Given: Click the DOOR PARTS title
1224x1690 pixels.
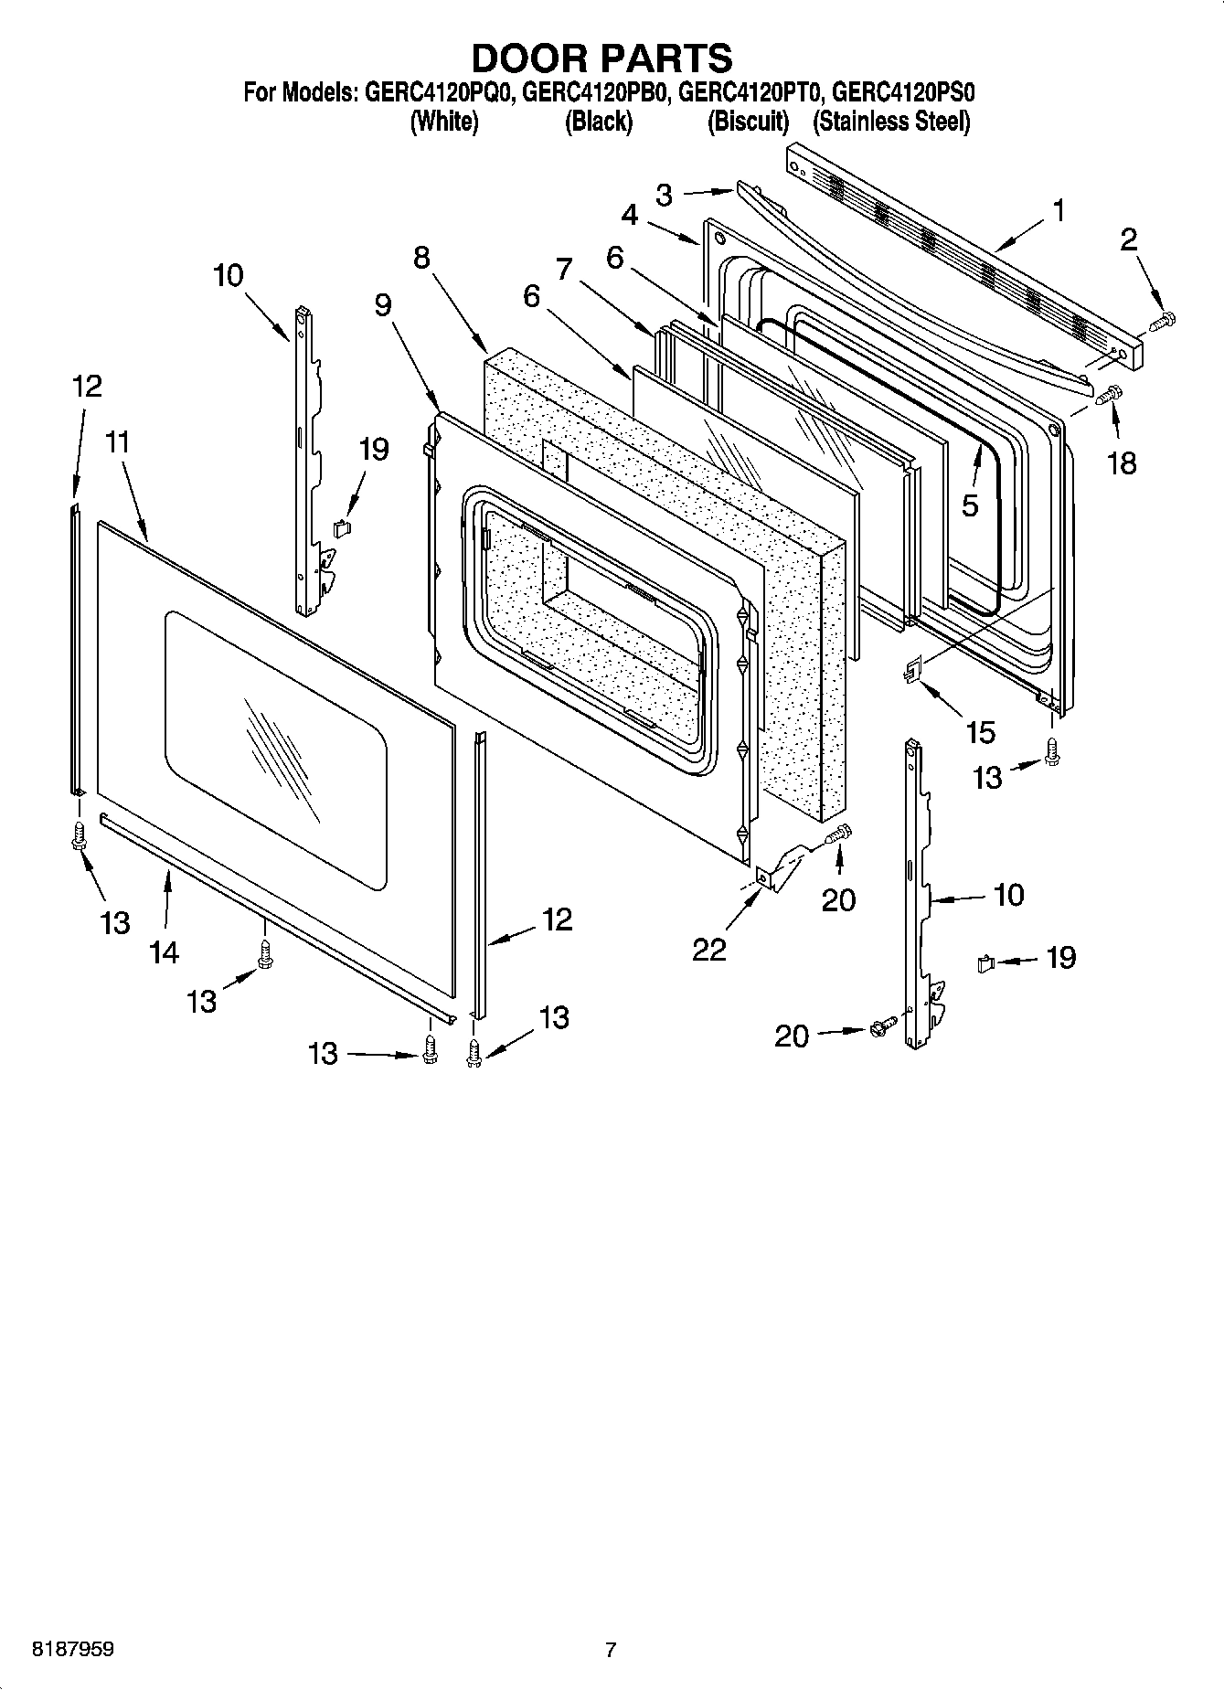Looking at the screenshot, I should [x=601, y=58].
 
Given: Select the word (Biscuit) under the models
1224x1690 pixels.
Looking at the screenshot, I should [x=748, y=122].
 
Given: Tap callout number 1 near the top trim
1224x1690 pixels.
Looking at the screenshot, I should [x=1058, y=212].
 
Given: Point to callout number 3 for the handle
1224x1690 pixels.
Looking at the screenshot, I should [x=665, y=195].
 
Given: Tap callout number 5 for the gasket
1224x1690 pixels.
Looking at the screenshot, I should [x=970, y=505].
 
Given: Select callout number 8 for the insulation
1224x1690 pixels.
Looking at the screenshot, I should [x=421, y=258].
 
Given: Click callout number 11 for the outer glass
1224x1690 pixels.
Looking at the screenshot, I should [x=117, y=443].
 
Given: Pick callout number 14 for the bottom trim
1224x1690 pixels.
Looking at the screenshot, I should [x=165, y=952].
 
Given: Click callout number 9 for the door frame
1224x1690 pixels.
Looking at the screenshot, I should [x=383, y=304].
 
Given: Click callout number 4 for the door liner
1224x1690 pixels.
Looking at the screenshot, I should [x=630, y=216].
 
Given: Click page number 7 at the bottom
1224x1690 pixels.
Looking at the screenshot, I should [x=611, y=1650].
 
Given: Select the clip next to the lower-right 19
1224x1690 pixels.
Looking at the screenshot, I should [x=985, y=962].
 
